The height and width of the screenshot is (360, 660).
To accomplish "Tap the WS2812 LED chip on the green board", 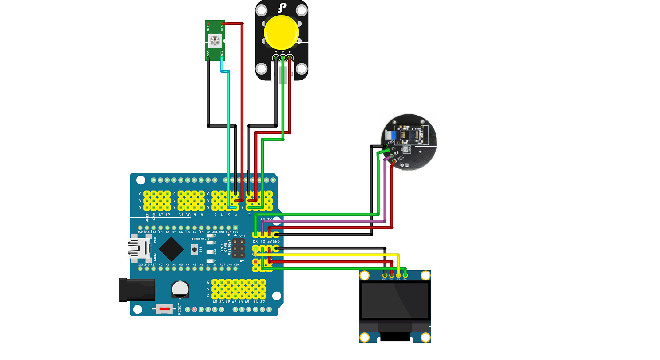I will [x=215, y=41].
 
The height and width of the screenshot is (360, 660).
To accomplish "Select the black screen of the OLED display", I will [x=395, y=300].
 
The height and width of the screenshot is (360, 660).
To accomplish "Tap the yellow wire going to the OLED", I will [x=333, y=255].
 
